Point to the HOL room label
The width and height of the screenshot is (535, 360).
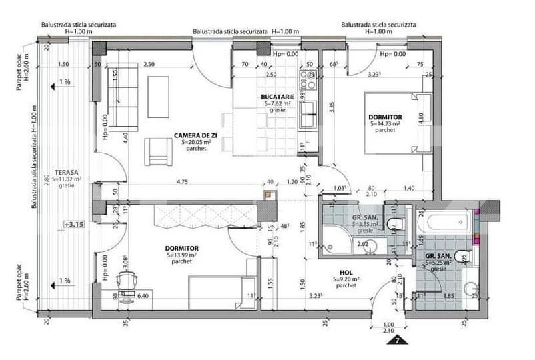coord(346,272)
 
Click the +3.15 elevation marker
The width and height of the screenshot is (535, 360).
coord(73,224)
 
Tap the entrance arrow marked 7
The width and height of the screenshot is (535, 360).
coord(397,341)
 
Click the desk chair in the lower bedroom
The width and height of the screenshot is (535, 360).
coord(127,279)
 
